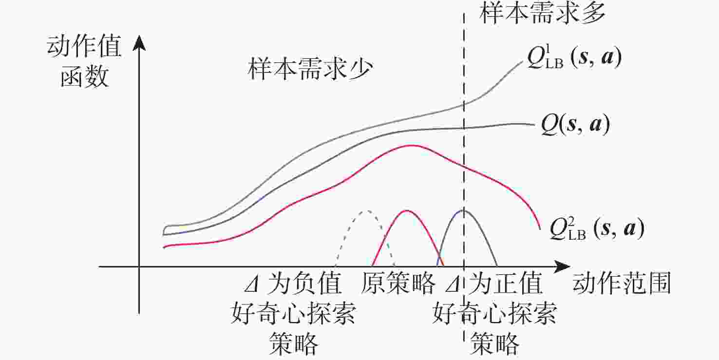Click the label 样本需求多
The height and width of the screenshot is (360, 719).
coord(542,14)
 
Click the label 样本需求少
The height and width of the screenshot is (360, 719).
coord(310,69)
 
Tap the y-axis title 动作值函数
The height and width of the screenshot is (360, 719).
coord(84,61)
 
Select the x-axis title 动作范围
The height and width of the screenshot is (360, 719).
coord(622,284)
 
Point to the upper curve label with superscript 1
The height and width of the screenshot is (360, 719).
coord(574,58)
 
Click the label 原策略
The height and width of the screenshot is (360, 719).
coord(398,284)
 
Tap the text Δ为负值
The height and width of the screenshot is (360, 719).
coord(293,284)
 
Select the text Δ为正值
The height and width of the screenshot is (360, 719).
coord(493,284)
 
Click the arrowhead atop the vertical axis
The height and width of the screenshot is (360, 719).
coord(139,43)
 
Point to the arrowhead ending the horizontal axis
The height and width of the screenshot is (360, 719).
coord(562,266)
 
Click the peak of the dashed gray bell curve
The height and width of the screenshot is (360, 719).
coord(366,211)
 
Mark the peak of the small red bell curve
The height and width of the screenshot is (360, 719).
coord(407,211)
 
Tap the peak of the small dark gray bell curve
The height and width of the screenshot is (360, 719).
coord(464,210)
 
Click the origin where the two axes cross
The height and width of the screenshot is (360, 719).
coord(139,266)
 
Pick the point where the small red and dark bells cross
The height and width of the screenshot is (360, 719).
coord(440,257)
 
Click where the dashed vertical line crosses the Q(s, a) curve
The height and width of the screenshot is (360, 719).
coord(464,128)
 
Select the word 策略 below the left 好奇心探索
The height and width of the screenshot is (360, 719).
coord(293,343)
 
